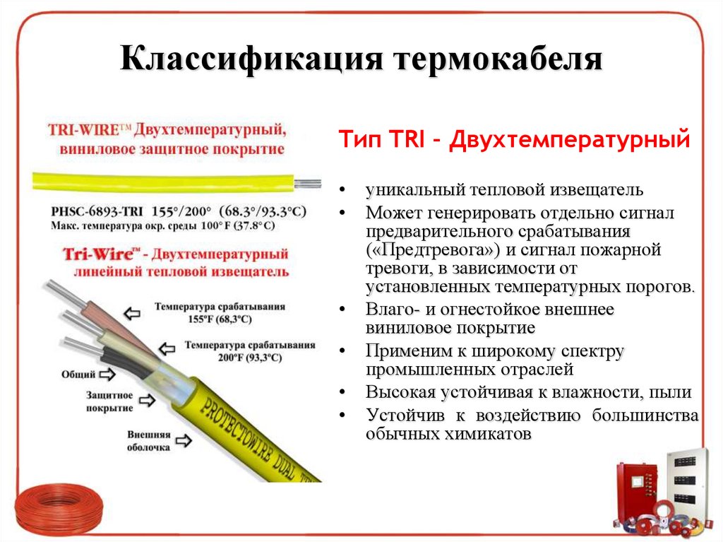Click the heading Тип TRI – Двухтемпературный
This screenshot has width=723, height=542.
(513, 139)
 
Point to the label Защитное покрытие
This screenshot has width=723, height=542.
(109, 401)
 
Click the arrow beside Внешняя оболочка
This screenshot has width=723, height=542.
(182, 440)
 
